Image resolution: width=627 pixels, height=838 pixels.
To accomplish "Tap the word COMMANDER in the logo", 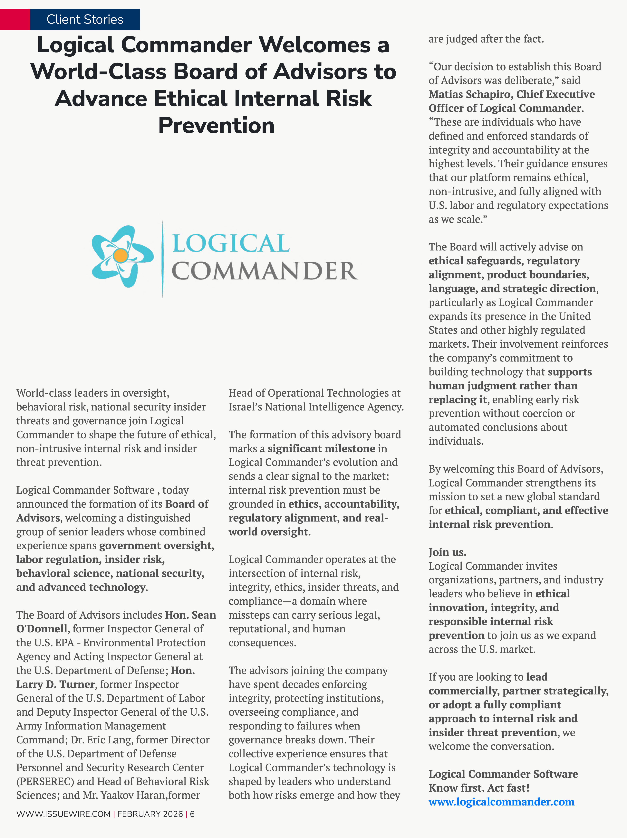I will tap(265, 271).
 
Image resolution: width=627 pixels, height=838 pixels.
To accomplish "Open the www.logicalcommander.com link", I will tap(501, 802).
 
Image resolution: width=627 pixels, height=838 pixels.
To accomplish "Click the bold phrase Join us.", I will tap(447, 552).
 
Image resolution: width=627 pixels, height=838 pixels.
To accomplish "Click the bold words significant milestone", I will tap(322, 448).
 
